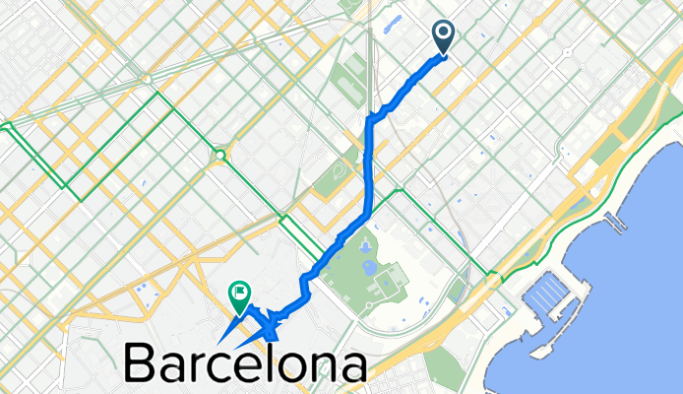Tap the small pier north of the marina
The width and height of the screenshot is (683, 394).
(x=616, y=223)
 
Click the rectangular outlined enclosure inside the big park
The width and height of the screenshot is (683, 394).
(x=389, y=286)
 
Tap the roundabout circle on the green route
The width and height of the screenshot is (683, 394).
(x=218, y=155)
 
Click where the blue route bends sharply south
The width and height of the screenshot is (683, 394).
(x=372, y=118)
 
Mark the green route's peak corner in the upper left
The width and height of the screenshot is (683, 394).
(x=155, y=96)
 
